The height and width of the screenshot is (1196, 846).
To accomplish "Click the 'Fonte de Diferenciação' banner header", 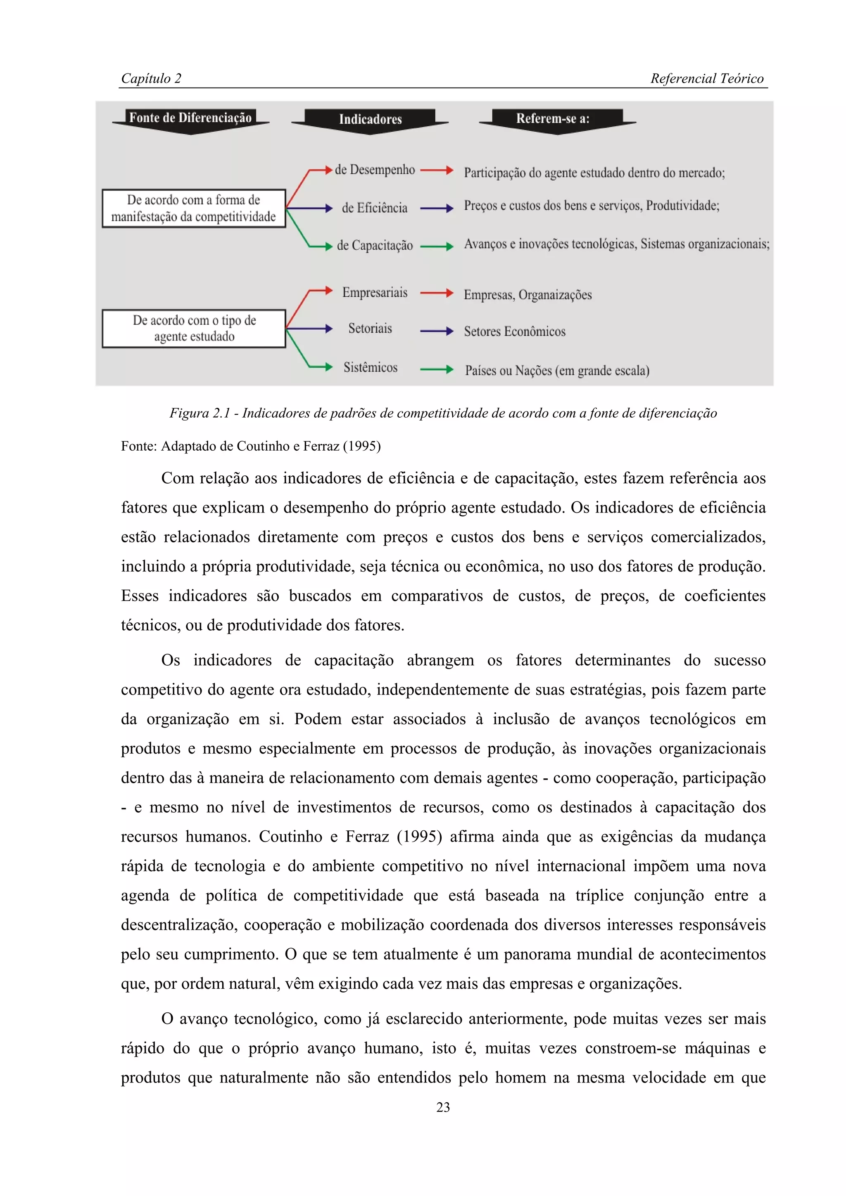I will click(x=190, y=118).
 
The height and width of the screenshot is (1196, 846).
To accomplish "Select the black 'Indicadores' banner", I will click(x=370, y=119).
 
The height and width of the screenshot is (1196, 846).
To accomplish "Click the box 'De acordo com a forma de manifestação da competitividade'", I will click(x=194, y=208).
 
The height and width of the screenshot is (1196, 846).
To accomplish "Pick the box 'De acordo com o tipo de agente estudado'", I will click(x=194, y=328).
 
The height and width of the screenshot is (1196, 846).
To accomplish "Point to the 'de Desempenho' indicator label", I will click(x=375, y=170).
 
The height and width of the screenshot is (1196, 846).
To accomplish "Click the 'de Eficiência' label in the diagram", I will click(x=374, y=208).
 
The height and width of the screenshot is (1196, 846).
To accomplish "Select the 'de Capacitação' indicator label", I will click(x=375, y=245).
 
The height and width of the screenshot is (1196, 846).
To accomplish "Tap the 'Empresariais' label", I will click(x=375, y=292).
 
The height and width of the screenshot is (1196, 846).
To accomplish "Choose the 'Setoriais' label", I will click(x=370, y=329).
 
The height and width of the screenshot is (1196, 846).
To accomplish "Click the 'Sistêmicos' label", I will click(x=371, y=367).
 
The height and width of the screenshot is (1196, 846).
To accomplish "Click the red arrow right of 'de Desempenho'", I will click(x=437, y=170).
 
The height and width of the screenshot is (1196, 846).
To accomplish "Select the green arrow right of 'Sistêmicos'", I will click(x=437, y=369).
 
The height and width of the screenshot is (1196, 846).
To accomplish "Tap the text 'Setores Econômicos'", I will click(x=514, y=331).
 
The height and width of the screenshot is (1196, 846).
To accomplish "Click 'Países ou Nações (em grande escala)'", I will click(x=557, y=370).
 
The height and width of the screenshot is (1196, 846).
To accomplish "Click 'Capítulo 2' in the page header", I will click(x=151, y=79).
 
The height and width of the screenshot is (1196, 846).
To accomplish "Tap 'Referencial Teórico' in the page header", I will click(x=707, y=79).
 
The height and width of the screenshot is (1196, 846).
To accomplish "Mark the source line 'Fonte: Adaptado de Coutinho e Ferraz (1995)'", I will click(x=251, y=446).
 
